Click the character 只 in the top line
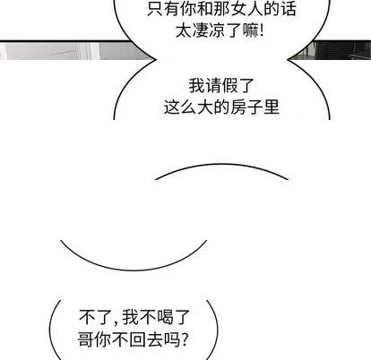(155, 8)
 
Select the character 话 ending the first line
(289, 8)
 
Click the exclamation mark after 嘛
(262, 30)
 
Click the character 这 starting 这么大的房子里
(171, 107)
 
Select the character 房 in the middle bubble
(238, 107)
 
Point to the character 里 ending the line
(272, 107)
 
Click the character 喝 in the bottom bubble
(165, 317)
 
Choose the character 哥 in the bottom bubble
(85, 339)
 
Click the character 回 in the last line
(137, 339)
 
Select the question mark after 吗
(185, 339)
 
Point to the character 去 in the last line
(155, 339)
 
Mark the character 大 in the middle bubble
(204, 107)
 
